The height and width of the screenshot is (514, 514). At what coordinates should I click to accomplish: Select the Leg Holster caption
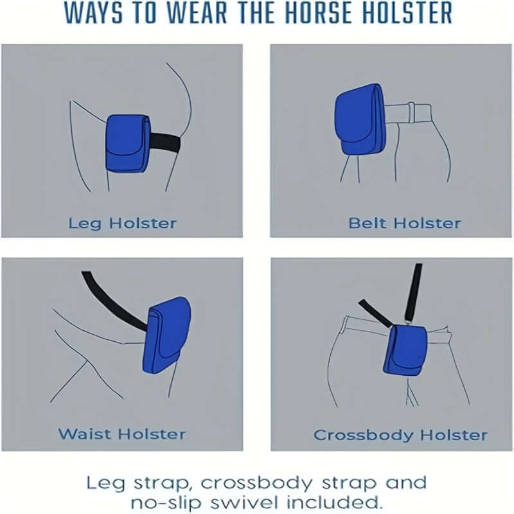pos(122,224)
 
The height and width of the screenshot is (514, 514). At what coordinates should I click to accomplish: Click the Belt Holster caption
pos(404,224)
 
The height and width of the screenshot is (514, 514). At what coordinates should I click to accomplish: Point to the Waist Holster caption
pos(122,434)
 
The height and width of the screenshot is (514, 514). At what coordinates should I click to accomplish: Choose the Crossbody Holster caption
pos(400,435)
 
